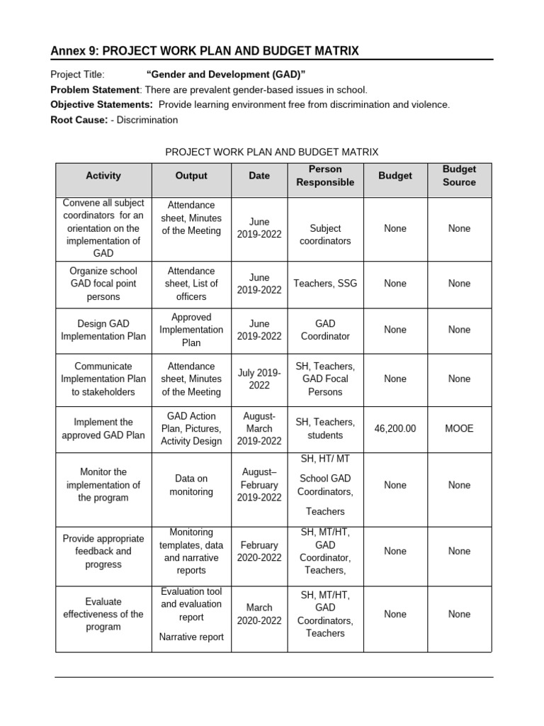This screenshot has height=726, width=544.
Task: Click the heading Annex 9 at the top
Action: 205,50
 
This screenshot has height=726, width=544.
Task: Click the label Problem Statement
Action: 94,89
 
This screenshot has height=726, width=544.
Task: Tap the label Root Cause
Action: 79,120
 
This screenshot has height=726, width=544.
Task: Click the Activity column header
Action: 103,176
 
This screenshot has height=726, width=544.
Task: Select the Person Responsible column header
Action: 325,176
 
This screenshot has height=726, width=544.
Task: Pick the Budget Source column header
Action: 459,176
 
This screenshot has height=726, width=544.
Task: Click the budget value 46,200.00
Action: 395,429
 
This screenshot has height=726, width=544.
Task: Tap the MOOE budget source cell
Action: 459,429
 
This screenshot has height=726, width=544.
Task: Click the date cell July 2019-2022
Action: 259,379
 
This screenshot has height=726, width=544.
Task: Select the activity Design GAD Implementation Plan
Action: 103,330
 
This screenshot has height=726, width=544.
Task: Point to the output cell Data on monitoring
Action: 191,485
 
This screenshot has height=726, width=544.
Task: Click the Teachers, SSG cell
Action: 325,284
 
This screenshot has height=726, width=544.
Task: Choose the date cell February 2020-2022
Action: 259,551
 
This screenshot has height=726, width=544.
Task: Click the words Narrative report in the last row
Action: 191,637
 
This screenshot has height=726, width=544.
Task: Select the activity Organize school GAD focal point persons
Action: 103,284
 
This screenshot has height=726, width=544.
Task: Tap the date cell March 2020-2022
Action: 259,614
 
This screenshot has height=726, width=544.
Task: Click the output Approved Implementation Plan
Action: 191,330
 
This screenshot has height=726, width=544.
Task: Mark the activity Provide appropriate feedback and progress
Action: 103,551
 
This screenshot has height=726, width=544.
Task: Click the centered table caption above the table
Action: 272,152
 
